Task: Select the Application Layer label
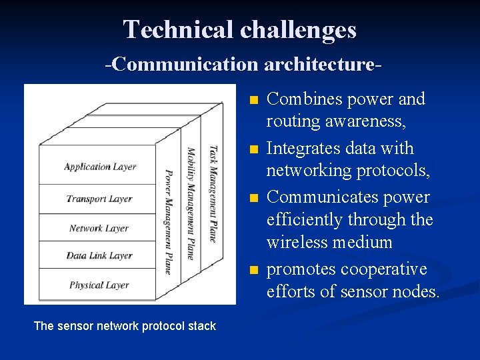[100, 167]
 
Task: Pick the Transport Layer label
[99, 199]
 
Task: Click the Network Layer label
[99, 228]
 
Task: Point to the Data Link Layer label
[99, 256]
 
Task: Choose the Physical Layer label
[99, 285]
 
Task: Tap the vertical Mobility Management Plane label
[191, 203]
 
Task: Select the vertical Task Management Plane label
[213, 193]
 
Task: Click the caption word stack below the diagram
[202, 326]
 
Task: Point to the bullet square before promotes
[251, 271]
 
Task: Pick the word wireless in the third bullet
[297, 242]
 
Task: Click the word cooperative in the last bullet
[384, 269]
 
